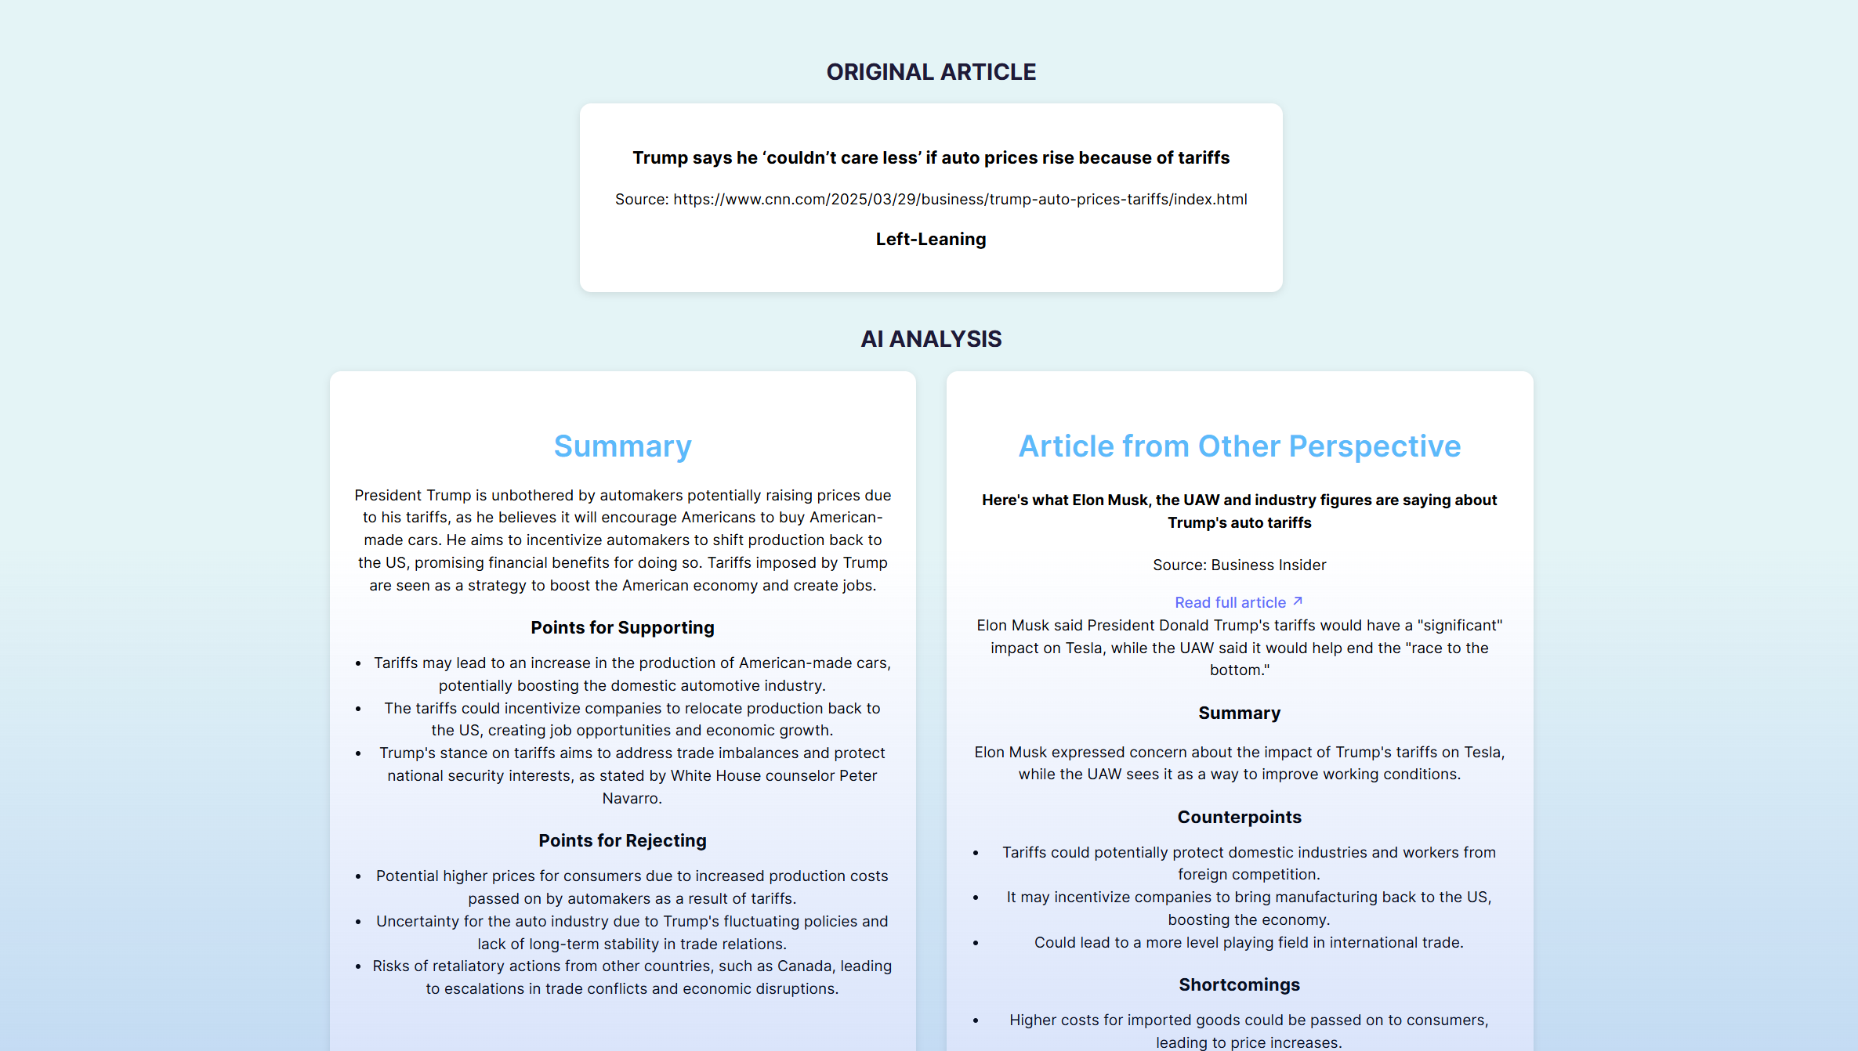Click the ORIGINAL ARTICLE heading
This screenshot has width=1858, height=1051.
tap(931, 72)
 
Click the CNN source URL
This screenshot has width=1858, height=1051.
tap(960, 199)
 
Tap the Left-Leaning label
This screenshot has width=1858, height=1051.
tap(931, 239)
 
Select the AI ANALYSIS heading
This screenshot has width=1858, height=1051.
tap(931, 339)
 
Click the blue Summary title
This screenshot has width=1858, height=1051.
tap(622, 446)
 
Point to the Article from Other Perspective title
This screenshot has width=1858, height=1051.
tap(1239, 446)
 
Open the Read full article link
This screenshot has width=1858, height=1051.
tap(1230, 602)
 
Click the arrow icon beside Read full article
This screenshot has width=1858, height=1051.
tap(1298, 601)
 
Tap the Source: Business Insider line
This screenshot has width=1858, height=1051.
tap(1239, 565)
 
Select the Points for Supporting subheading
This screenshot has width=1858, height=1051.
tap(622, 627)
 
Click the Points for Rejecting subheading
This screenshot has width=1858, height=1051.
tap(622, 840)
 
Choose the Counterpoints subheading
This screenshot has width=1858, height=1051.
tap(1239, 817)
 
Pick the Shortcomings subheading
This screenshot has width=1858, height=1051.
tap(1239, 984)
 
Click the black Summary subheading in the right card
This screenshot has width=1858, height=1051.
tap(1239, 713)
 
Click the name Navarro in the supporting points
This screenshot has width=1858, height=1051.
tap(632, 798)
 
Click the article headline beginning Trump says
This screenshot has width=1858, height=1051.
tap(931, 157)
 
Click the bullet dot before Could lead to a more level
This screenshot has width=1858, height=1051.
tap(976, 943)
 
